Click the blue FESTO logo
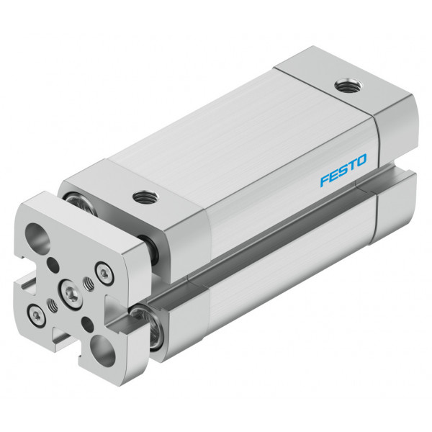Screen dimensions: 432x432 pyautogui.click(x=343, y=170)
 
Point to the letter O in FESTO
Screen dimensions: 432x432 pyautogui.click(x=361, y=162)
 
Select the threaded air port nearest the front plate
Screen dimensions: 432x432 pyautogui.click(x=145, y=197)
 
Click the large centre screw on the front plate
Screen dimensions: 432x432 pyautogui.click(x=71, y=293)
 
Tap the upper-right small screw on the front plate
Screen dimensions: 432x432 pyautogui.click(x=104, y=274)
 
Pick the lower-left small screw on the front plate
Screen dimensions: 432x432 pyautogui.click(x=36, y=316)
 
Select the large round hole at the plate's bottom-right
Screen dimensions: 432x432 pyautogui.click(x=103, y=351)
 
